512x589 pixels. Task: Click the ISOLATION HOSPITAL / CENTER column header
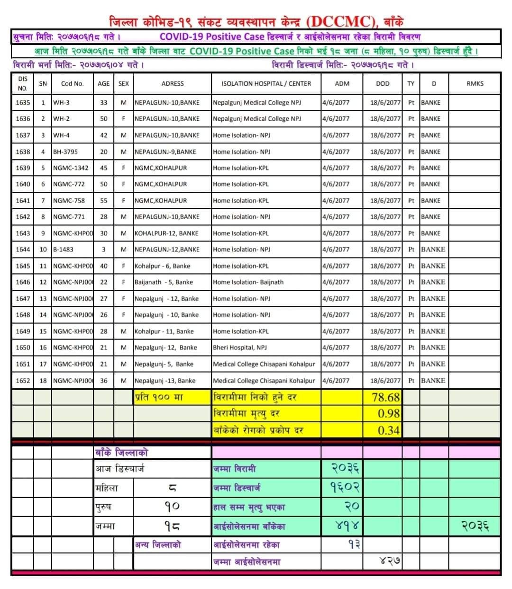tap(266, 83)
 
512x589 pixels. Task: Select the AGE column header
tap(103, 83)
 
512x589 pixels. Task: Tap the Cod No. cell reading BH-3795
tap(65, 152)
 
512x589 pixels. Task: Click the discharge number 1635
tap(23, 102)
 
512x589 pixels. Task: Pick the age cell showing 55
tap(103, 200)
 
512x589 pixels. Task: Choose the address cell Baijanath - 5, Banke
tap(164, 282)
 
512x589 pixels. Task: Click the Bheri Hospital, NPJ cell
tap(240, 347)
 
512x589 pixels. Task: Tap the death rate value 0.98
tap(389, 413)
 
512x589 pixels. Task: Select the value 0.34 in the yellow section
tap(389, 430)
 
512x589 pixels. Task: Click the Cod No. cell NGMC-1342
tap(71, 168)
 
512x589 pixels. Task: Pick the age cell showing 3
tap(103, 249)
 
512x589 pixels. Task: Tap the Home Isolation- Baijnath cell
tap(248, 282)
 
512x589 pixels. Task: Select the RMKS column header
tap(475, 83)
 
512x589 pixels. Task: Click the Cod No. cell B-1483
tap(63, 249)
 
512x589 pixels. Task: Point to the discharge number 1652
tap(23, 380)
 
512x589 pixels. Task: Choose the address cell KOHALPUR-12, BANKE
tap(166, 233)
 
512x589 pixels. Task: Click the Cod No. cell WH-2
tap(61, 118)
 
